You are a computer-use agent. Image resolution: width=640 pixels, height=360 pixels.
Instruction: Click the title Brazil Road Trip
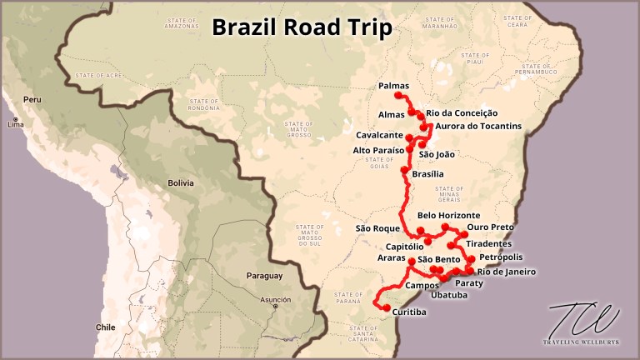302,27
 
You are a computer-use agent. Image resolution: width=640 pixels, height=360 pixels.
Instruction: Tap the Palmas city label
394,86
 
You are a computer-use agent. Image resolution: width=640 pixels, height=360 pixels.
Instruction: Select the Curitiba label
409,312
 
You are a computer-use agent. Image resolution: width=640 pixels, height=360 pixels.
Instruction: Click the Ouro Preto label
490,227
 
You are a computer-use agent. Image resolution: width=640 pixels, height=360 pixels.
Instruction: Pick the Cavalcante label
380,135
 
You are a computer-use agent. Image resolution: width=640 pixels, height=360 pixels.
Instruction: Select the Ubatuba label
451,294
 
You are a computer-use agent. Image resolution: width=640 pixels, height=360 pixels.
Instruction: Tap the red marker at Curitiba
386,308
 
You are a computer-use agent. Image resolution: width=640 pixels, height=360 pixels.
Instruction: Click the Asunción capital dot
276,306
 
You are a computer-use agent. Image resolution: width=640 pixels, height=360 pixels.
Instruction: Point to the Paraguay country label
264,276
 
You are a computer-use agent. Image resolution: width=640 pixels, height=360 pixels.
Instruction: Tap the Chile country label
104,327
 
